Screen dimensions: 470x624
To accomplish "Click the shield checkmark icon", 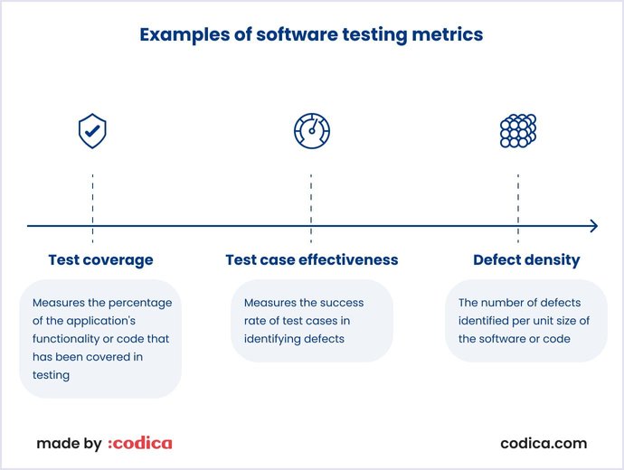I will click(x=92, y=132).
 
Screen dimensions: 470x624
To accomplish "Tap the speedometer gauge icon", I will click(x=311, y=131).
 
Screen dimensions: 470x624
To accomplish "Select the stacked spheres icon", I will click(x=518, y=131).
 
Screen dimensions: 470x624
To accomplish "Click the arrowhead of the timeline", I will click(x=593, y=226).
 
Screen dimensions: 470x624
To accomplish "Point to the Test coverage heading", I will click(x=100, y=260).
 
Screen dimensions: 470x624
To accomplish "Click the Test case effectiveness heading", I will click(x=311, y=260).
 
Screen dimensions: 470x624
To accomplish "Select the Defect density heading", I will click(x=526, y=260).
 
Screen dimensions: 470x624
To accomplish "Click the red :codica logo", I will click(x=139, y=444).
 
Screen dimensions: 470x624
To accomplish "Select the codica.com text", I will click(x=544, y=444).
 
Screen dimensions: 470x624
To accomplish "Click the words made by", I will click(x=69, y=444).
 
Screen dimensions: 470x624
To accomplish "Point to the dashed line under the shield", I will click(x=92, y=208).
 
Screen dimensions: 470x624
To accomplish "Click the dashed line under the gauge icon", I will click(x=311, y=208).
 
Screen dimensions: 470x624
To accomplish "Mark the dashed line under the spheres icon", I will click(x=518, y=208).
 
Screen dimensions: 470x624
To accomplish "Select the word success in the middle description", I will click(x=344, y=303).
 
